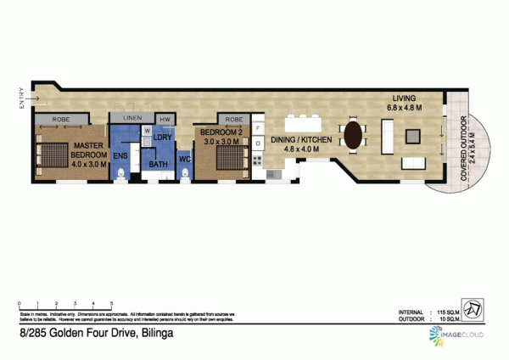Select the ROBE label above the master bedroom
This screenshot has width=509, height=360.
click(59, 119)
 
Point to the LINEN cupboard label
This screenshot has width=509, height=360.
click(132, 118)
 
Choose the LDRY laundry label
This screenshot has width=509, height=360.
click(165, 136)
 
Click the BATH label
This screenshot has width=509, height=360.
click(159, 164)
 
